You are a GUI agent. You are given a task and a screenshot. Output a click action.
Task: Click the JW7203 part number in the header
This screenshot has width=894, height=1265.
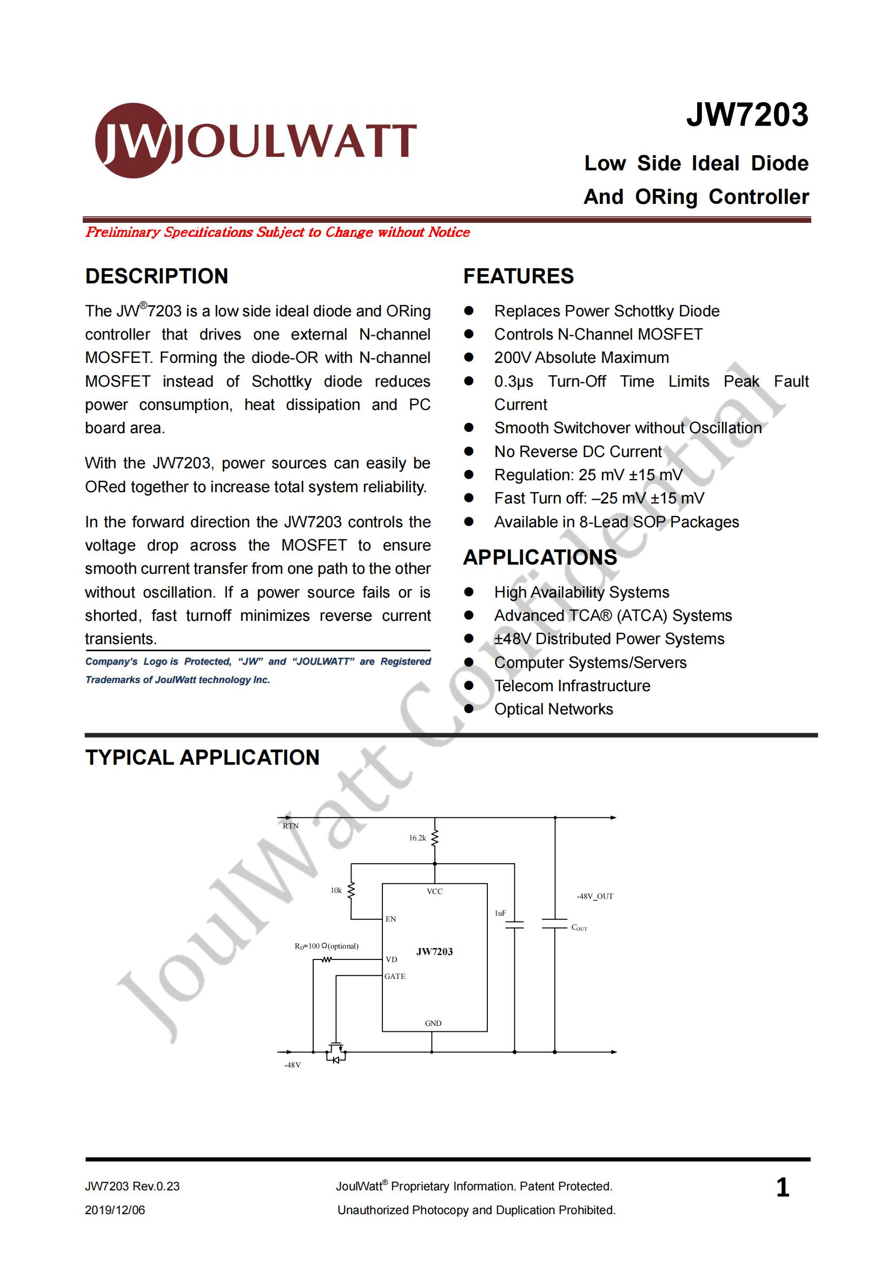(747, 115)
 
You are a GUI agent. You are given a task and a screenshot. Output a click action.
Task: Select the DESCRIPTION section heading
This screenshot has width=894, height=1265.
(156, 276)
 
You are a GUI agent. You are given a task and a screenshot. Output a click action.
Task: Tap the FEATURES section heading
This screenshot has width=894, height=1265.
(518, 276)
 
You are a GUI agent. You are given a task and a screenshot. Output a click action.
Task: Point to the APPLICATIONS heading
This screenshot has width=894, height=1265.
(539, 558)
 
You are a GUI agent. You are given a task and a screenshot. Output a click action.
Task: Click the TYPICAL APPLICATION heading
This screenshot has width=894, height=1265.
(202, 757)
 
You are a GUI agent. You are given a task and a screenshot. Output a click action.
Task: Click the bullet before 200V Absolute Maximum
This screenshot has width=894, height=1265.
(469, 357)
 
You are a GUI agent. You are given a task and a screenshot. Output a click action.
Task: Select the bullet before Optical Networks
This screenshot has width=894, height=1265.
(469, 709)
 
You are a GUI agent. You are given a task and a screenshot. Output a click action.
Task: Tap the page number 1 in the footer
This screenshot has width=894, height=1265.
(782, 1187)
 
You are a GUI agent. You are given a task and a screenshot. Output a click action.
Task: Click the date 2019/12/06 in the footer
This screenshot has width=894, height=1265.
(115, 1210)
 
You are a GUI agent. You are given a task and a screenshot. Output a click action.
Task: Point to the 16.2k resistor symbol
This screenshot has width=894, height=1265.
(435, 838)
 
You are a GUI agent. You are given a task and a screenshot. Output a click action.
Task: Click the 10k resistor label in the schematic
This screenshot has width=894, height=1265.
(336, 890)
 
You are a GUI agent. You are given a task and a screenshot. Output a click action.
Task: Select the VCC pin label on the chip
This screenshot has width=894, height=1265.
(435, 891)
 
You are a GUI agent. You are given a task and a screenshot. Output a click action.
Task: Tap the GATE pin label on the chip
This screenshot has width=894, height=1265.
(395, 976)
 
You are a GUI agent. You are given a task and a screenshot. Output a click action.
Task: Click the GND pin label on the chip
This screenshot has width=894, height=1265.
(433, 1023)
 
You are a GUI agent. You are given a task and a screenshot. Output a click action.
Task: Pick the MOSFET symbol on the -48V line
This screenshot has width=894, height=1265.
(336, 1052)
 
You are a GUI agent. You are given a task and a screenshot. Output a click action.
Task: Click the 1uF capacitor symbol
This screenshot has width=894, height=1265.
(514, 925)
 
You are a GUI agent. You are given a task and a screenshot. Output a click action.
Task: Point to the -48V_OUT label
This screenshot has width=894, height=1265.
(595, 896)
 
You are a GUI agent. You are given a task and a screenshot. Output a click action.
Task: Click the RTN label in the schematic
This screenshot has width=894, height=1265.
(291, 826)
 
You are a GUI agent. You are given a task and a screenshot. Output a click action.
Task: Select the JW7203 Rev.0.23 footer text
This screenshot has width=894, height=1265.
(132, 1186)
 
